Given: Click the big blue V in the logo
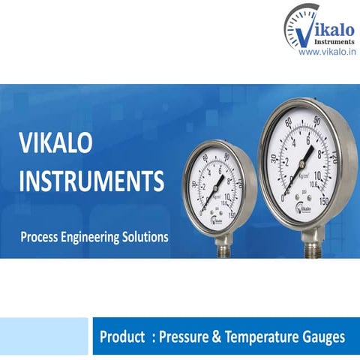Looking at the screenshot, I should pyautogui.click(x=301, y=29).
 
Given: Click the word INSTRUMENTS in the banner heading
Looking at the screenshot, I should pyautogui.click(x=89, y=181).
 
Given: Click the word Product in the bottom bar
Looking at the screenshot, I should pyautogui.click(x=122, y=337).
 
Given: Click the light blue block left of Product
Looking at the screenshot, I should pyautogui.click(x=44, y=336).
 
